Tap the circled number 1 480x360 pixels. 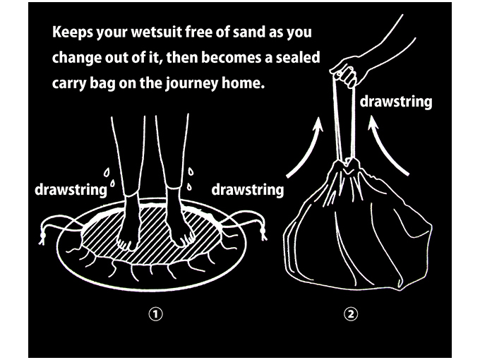tap(155, 314)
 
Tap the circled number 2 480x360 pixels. tap(351, 314)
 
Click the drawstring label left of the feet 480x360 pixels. tap(71, 189)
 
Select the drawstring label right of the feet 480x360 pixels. tap(247, 189)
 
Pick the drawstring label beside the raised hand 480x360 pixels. tap(396, 101)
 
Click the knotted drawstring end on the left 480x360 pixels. tap(43, 235)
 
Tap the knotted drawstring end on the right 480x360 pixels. tap(263, 232)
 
